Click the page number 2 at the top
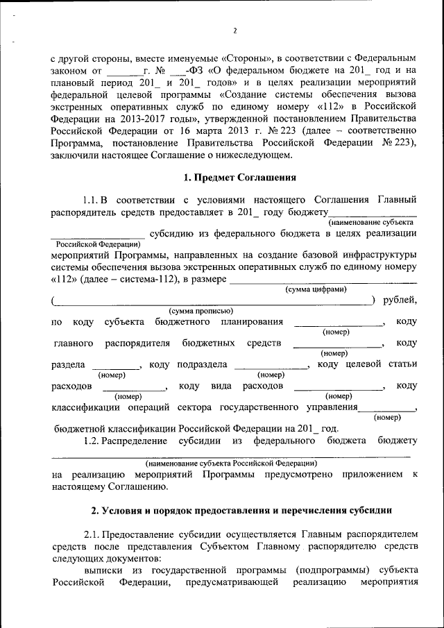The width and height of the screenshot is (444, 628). tap(234, 31)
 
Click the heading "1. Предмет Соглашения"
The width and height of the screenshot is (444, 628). tap(234, 177)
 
